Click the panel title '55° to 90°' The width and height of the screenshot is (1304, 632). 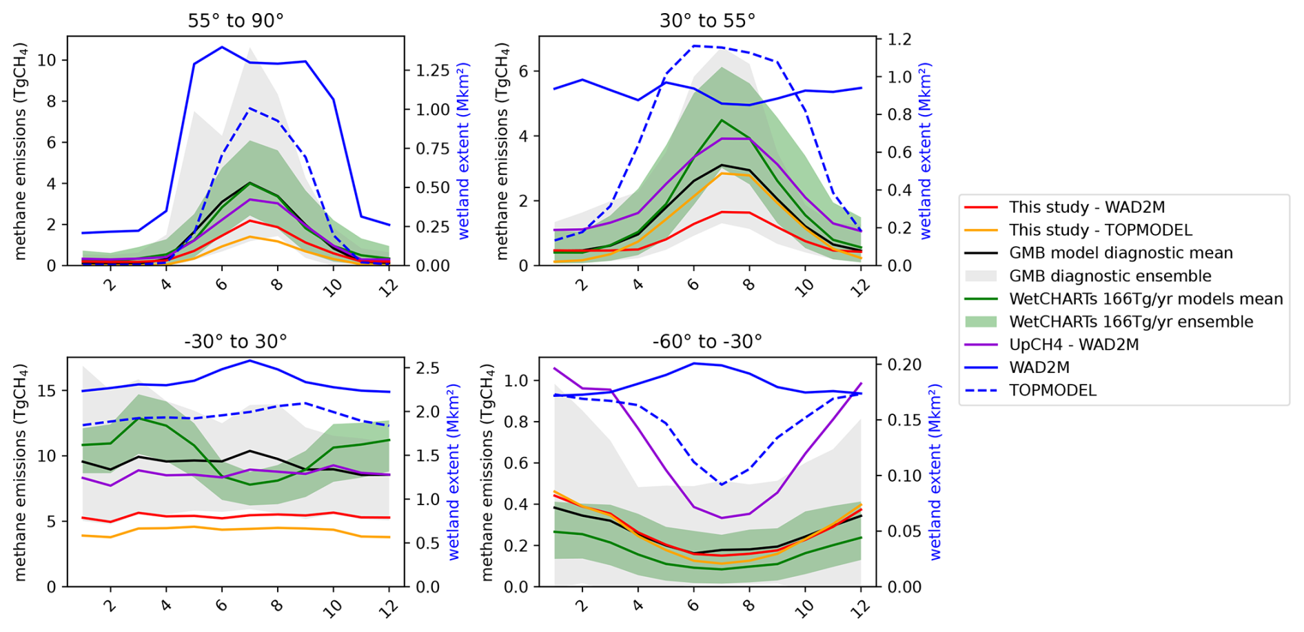pyautogui.click(x=236, y=21)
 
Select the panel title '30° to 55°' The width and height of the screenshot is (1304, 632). pyautogui.click(x=707, y=21)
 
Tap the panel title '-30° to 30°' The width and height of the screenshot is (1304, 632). pyautogui.click(x=236, y=342)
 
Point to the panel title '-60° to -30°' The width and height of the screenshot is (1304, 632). pyautogui.click(x=707, y=342)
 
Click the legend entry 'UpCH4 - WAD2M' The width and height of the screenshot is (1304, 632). pyautogui.click(x=1073, y=345)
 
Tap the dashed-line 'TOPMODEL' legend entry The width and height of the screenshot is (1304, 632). pyautogui.click(x=1052, y=390)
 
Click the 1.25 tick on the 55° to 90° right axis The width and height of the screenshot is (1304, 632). pyautogui.click(x=433, y=71)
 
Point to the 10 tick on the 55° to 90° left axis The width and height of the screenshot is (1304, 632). pyautogui.click(x=48, y=60)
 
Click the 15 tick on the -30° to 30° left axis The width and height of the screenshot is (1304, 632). pyautogui.click(x=48, y=391)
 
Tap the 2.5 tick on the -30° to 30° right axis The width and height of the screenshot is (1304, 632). pyautogui.click(x=428, y=368)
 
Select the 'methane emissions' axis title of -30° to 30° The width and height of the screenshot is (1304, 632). pyautogui.click(x=21, y=472)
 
